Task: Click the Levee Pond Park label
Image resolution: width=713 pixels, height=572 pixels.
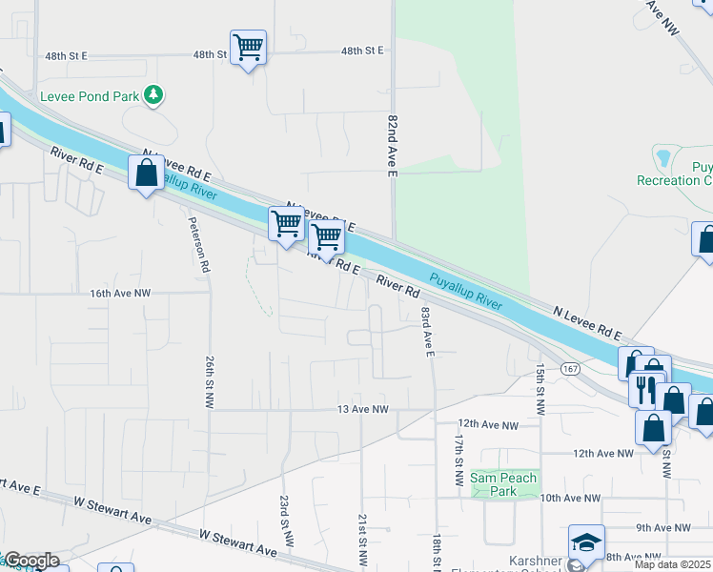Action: pos(91,95)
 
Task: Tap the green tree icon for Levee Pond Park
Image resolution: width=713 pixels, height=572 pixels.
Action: pos(153,94)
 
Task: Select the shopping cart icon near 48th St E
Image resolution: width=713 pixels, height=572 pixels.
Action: pos(248,47)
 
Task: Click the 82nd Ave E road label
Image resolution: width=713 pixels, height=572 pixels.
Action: pos(391,143)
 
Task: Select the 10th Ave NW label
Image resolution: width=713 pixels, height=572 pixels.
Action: pos(570,499)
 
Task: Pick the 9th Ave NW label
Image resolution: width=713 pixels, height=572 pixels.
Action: pos(669,527)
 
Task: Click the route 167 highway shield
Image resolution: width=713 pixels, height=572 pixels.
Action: pos(570,368)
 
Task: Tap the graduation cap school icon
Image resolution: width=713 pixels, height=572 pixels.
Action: pos(586,541)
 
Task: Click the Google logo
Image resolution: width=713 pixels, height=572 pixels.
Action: pos(31,561)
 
